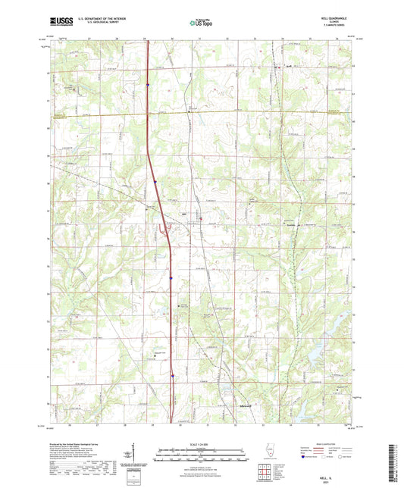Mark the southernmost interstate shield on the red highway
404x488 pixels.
click(x=172, y=373)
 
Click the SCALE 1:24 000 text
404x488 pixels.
click(x=202, y=443)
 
